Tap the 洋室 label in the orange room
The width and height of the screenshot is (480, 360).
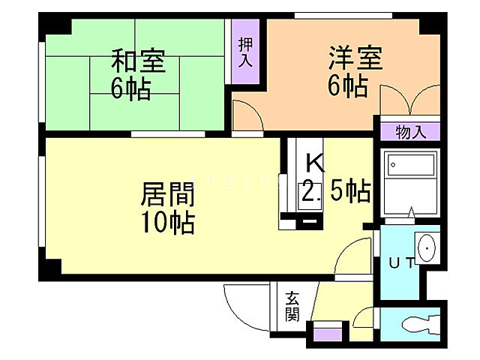click(x=354, y=58)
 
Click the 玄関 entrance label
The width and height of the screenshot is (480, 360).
click(x=292, y=307)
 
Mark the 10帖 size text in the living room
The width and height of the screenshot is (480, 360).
click(x=168, y=223)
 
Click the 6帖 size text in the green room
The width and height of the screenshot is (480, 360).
click(x=131, y=88)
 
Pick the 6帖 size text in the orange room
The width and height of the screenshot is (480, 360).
click(x=348, y=85)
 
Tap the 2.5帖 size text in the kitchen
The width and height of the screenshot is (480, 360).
click(x=335, y=192)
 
